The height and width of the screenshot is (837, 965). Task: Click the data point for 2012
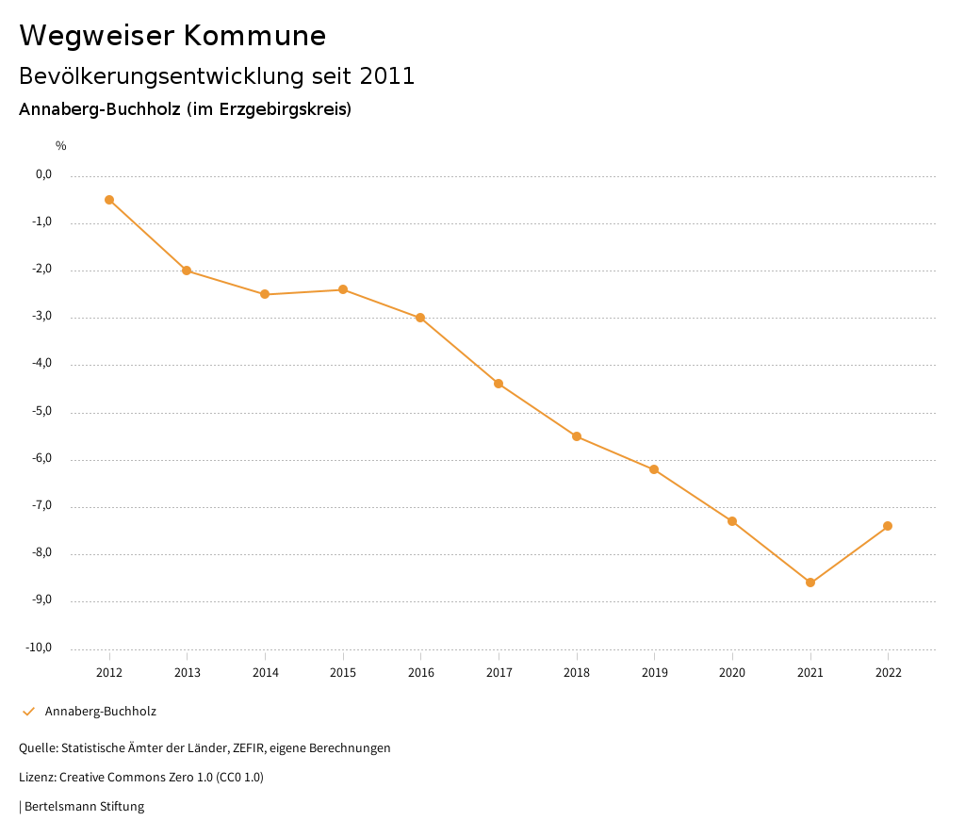click(109, 200)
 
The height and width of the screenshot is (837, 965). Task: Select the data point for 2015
click(343, 289)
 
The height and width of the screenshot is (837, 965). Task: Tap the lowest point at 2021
click(810, 583)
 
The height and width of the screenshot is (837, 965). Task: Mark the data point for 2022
click(888, 526)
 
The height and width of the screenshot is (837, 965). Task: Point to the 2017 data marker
click(499, 384)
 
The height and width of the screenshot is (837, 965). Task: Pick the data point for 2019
click(654, 469)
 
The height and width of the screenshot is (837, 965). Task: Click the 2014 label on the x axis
click(265, 673)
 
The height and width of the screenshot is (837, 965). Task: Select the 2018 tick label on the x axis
click(577, 673)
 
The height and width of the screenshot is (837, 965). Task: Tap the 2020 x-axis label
click(732, 673)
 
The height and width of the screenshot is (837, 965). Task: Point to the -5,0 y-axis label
click(43, 412)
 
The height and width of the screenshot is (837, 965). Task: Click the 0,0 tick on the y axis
click(44, 175)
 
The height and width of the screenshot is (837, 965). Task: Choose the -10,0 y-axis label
click(41, 648)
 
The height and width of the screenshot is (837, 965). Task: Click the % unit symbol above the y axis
click(60, 146)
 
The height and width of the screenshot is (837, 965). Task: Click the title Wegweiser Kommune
click(172, 36)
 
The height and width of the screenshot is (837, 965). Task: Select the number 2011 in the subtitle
click(387, 76)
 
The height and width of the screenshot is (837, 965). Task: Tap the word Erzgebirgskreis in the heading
click(282, 109)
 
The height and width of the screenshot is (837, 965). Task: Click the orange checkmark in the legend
click(28, 712)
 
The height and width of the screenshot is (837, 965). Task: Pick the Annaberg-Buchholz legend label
click(101, 712)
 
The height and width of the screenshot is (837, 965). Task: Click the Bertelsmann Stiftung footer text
click(84, 807)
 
